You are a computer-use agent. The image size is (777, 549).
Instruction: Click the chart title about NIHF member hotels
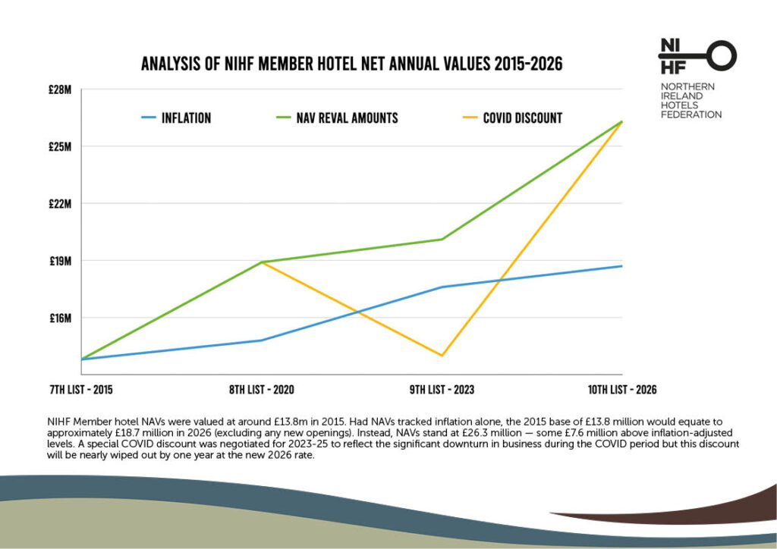point(351,64)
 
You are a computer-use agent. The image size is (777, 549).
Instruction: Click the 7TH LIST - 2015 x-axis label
point(80,390)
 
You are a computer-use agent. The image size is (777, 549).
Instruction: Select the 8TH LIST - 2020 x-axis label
point(261,390)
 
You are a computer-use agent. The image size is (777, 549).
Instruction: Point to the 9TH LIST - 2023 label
point(442,390)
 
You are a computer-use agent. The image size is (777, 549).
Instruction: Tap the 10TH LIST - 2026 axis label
point(621,390)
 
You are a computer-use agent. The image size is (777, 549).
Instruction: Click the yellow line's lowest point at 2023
point(442,356)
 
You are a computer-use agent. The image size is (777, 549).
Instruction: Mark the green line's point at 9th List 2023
point(442,240)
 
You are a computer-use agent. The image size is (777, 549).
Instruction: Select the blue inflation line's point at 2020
point(262,340)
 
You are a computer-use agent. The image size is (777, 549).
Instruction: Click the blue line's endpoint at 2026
point(621,266)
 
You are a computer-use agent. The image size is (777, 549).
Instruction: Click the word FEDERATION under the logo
point(691,115)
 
